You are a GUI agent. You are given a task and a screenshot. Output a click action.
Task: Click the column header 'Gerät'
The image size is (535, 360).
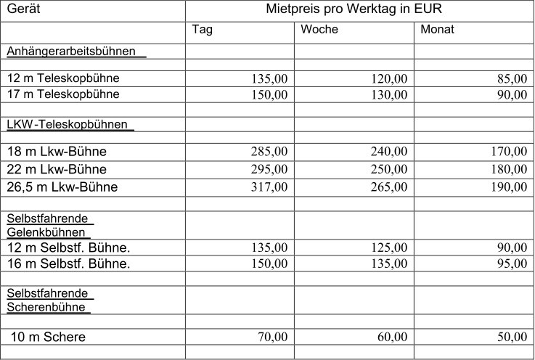[23, 10]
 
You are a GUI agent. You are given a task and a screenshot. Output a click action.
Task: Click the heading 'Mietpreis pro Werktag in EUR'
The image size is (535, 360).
[354, 10]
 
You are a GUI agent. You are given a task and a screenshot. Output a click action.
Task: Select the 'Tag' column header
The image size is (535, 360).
[203, 30]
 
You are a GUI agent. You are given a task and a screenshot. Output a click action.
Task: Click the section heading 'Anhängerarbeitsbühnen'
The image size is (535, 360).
[73, 51]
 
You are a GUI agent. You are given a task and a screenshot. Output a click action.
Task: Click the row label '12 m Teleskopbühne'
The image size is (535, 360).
[63, 78]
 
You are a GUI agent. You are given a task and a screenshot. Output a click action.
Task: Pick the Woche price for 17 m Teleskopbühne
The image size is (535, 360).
[389, 95]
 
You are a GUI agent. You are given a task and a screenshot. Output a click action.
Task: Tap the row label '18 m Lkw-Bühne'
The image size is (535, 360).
[57, 152]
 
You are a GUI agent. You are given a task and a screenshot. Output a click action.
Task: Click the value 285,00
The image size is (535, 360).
[269, 152]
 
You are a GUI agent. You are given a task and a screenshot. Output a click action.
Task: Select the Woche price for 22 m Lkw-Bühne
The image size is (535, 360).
[389, 170]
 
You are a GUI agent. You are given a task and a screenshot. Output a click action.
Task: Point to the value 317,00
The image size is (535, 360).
[269, 187]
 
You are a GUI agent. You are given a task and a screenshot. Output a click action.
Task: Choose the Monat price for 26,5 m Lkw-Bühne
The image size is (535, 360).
[509, 187]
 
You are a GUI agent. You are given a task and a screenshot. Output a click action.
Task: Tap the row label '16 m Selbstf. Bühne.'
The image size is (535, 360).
[69, 263]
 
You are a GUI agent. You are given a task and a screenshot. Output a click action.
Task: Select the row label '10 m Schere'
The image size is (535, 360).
[48, 337]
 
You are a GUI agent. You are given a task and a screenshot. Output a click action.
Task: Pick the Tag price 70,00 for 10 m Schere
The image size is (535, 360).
[273, 337]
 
